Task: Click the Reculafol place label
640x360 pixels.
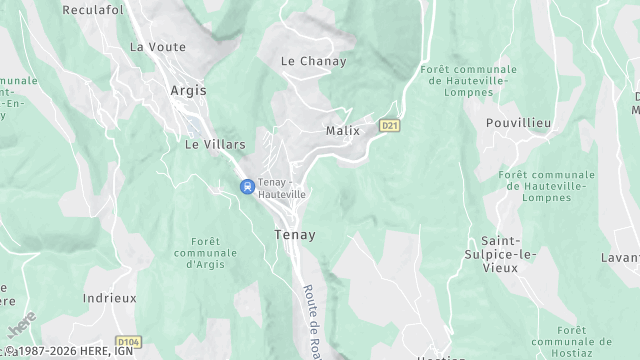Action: (93, 10)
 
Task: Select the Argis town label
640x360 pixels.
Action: (188, 90)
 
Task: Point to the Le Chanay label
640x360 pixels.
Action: (313, 61)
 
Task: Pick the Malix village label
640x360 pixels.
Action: (342, 131)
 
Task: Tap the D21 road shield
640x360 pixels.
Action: (389, 125)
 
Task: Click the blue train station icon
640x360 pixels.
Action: (246, 186)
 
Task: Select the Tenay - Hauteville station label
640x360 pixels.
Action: (282, 188)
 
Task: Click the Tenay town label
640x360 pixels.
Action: (294, 235)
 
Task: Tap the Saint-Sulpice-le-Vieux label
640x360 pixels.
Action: (508, 254)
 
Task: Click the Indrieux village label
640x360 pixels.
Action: (109, 298)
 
